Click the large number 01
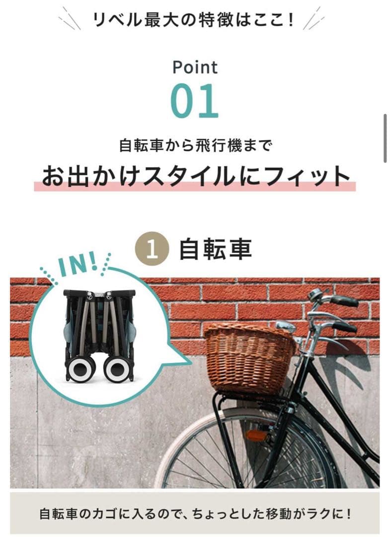195,101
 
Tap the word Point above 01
195,67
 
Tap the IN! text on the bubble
78,265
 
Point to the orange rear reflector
256,435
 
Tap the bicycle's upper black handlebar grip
344,301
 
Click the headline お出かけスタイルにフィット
195,177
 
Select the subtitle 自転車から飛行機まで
195,146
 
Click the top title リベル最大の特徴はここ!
194,20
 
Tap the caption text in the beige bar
195,513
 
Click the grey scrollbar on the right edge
385,138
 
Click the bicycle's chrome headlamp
286,326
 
